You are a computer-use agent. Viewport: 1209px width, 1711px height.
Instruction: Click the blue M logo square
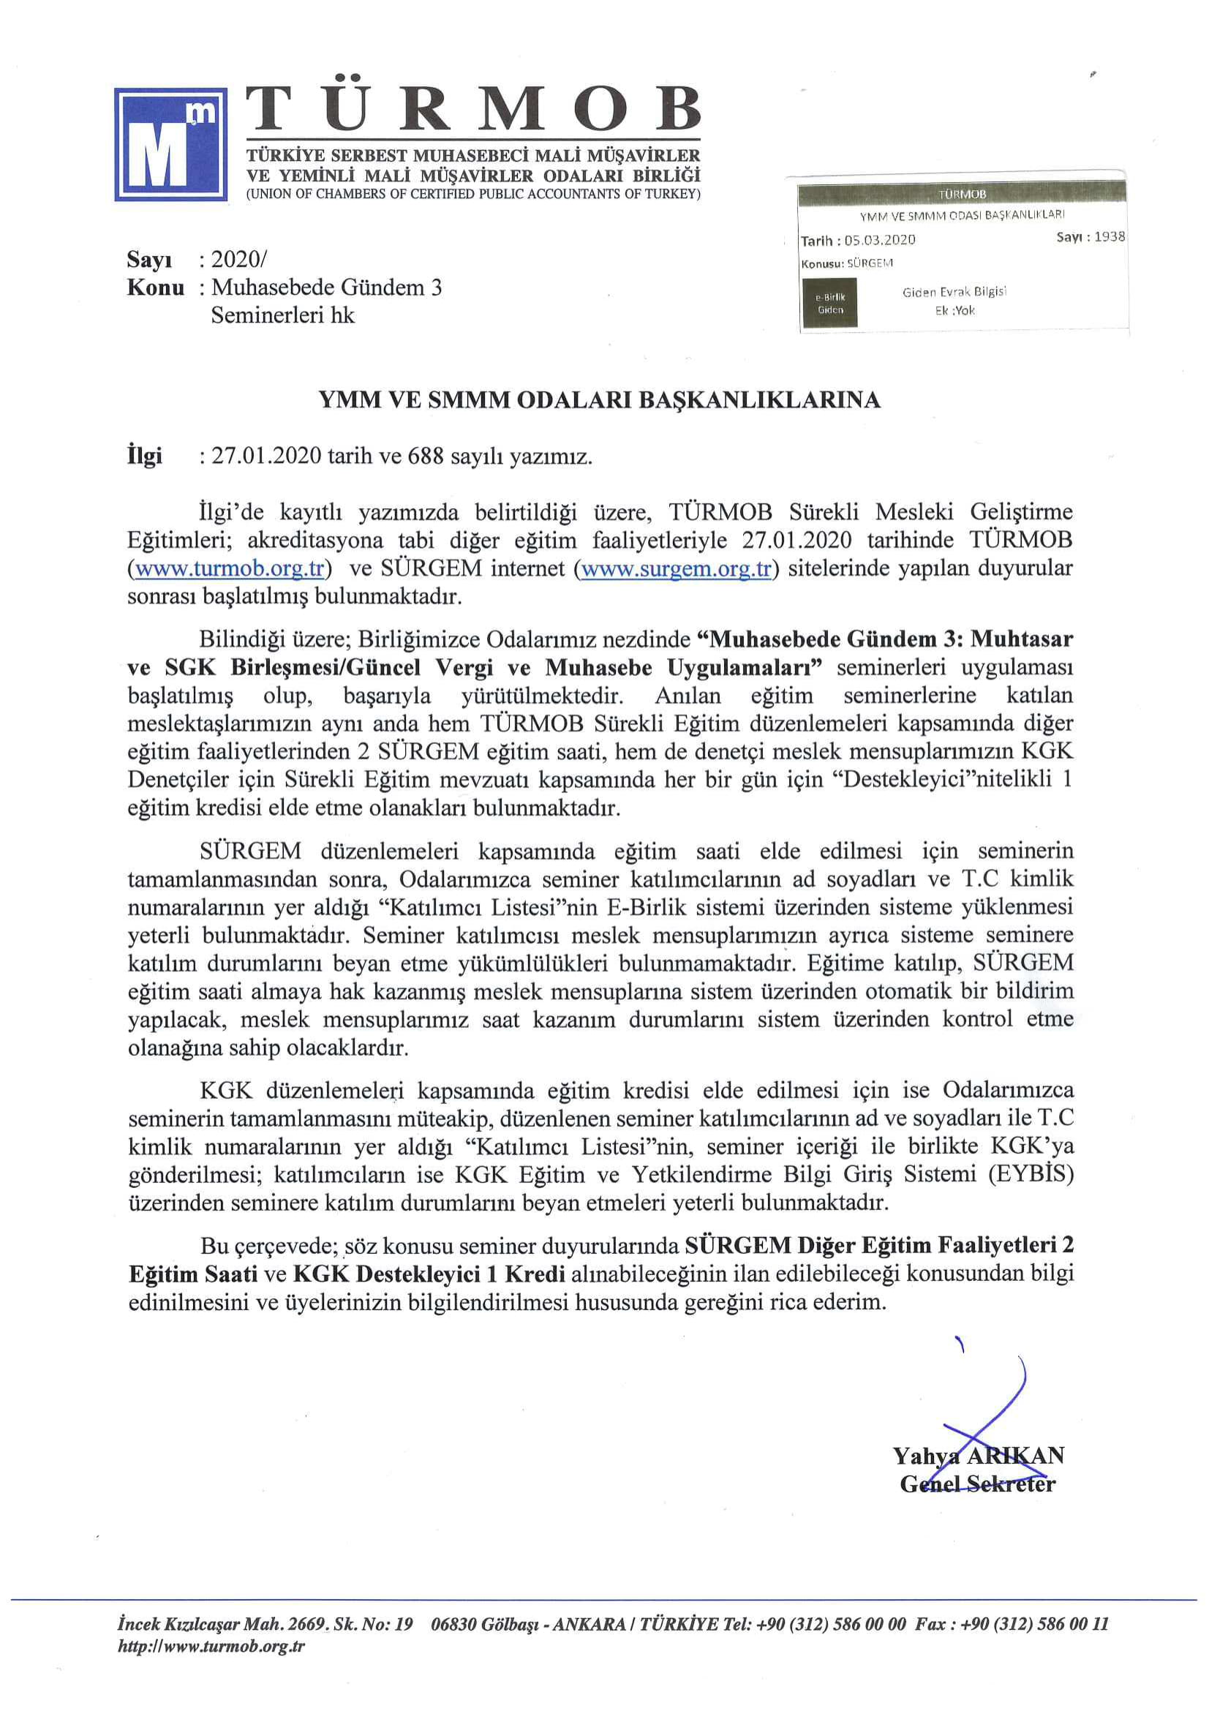click(170, 144)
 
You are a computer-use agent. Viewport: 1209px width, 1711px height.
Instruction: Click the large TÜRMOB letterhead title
click(473, 108)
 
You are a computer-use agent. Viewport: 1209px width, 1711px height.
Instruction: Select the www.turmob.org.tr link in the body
click(229, 568)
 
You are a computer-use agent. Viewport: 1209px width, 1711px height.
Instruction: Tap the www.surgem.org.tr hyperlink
click(675, 568)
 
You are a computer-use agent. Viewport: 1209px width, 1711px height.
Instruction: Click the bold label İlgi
click(145, 456)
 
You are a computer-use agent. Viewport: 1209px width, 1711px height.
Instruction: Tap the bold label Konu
click(155, 287)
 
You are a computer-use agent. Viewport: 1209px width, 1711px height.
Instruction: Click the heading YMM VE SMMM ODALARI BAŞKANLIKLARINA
click(599, 400)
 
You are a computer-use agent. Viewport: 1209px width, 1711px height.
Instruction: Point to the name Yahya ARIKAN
click(978, 1456)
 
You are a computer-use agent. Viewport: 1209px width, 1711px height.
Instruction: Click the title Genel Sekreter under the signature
click(977, 1483)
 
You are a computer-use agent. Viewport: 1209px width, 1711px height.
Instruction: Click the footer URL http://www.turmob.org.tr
click(211, 1646)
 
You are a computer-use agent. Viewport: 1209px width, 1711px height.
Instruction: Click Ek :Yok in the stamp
click(954, 310)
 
